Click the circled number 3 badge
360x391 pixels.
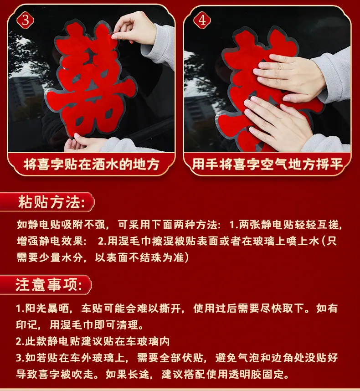[25, 20]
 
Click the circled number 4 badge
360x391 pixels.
[202, 20]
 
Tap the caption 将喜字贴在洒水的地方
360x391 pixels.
[92, 165]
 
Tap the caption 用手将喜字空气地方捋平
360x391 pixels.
[267, 165]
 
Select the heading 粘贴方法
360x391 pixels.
[51, 202]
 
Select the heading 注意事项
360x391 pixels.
[49, 284]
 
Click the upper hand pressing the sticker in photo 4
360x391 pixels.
[289, 77]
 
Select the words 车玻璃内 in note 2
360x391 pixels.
[148, 341]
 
